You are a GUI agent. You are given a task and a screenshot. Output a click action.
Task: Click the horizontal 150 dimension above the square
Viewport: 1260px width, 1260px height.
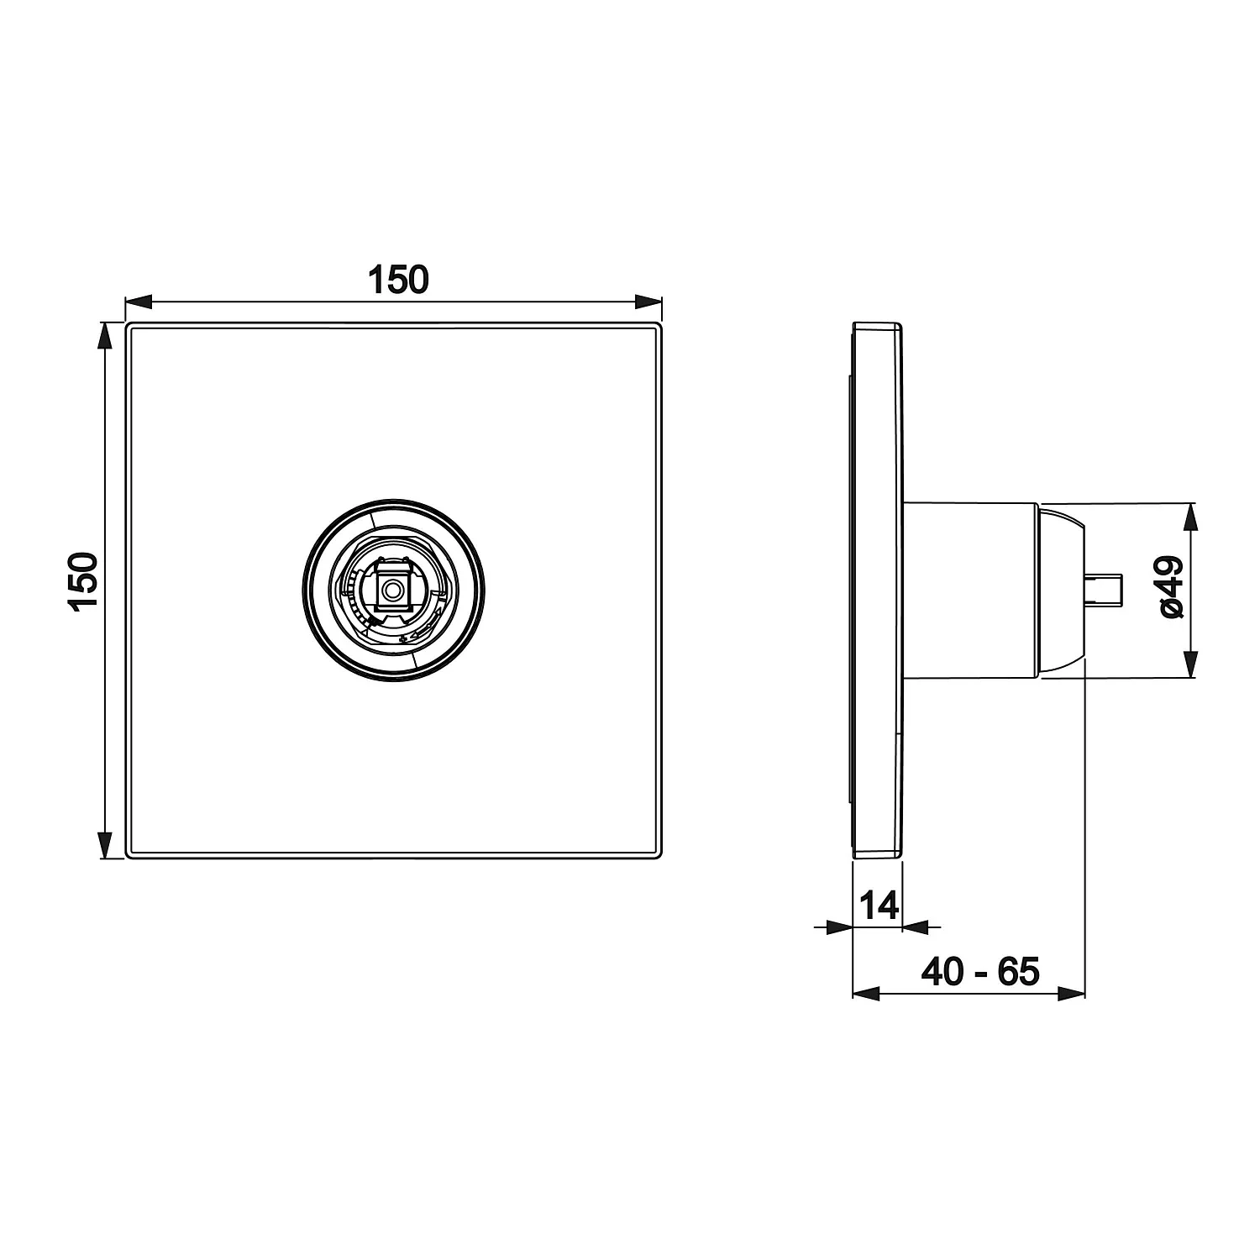[398, 281]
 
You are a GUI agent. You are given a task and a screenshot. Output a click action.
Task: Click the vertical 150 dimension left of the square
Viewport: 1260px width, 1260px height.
[85, 581]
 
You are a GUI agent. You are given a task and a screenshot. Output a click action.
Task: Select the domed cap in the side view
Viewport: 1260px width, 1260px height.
[1061, 591]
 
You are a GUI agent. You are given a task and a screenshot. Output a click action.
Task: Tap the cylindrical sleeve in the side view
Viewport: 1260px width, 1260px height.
[969, 591]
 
